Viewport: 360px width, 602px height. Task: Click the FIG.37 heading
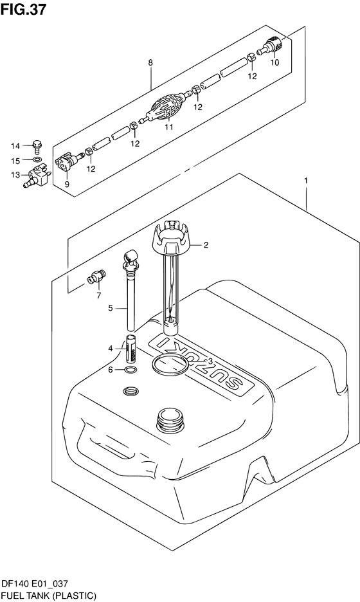click(x=23, y=9)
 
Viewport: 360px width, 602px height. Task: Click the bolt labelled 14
click(x=37, y=146)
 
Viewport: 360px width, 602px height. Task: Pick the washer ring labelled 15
click(x=37, y=160)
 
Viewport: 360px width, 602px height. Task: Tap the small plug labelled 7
click(x=96, y=277)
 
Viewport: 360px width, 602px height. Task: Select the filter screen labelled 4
click(x=131, y=349)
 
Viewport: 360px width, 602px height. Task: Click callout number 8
click(x=150, y=62)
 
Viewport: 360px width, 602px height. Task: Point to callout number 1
click(x=306, y=181)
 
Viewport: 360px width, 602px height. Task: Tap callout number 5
click(x=110, y=307)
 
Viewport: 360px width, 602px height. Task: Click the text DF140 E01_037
click(x=35, y=584)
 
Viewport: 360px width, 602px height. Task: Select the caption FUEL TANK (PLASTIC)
click(x=49, y=596)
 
